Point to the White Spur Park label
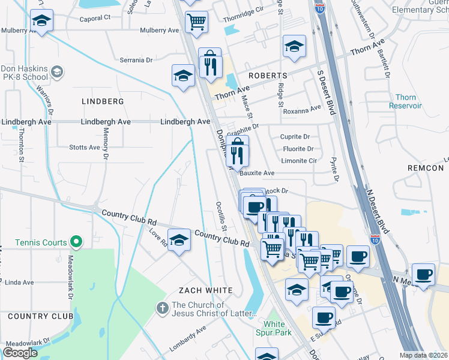[x=274, y=328]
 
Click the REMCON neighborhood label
[x=425, y=168]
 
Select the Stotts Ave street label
[x=85, y=147]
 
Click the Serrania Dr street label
[x=136, y=60]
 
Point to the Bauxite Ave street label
[x=257, y=173]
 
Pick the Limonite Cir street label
[x=298, y=161]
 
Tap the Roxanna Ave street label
[x=303, y=110]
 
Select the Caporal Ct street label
[x=95, y=18]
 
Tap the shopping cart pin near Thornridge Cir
[x=196, y=22]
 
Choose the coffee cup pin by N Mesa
[x=423, y=274]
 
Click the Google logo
[x=20, y=353]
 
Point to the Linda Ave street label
[x=19, y=282]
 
